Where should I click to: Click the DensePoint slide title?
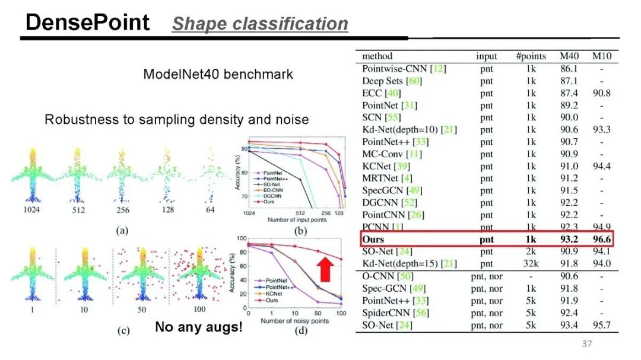[87, 23]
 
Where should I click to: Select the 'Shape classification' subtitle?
[260, 24]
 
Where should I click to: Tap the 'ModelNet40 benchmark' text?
[218, 75]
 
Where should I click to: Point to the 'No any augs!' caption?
[199, 327]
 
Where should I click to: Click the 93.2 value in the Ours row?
[568, 240]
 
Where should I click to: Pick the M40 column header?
[568, 56]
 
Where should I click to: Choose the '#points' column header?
[531, 56]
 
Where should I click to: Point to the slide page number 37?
[586, 344]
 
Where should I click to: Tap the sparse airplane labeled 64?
[211, 178]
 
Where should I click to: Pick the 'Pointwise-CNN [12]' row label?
[404, 69]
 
